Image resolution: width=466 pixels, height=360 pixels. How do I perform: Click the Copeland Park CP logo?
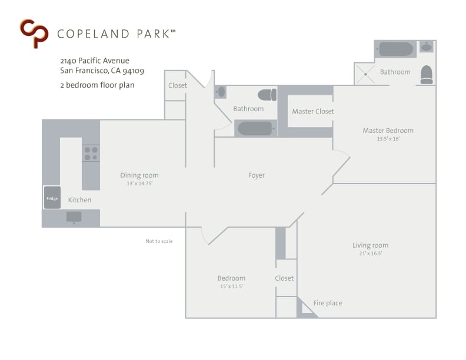tap(34, 33)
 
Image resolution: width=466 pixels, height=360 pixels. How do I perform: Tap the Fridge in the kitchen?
tap(52, 198)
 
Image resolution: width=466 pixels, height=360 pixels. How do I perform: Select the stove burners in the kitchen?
tap(91, 154)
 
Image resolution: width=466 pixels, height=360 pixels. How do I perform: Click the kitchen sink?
tap(74, 216)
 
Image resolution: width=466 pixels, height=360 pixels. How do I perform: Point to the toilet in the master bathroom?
tap(427, 74)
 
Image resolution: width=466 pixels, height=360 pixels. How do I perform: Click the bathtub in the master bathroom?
tap(396, 49)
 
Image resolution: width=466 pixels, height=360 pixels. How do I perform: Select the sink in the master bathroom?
tap(427, 47)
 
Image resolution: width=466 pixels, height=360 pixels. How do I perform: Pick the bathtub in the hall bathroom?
tap(255, 128)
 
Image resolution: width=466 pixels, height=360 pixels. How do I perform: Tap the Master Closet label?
tap(313, 111)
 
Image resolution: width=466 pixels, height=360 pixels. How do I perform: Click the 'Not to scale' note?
tap(159, 241)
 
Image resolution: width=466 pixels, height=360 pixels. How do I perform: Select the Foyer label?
tap(257, 175)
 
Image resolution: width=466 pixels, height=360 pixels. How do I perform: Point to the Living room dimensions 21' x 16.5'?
tap(370, 254)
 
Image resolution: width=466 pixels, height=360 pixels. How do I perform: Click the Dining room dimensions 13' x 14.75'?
tap(139, 184)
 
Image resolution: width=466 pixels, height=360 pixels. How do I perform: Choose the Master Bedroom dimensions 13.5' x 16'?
tap(388, 139)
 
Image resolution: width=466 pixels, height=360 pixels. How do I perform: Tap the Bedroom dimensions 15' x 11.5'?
tap(231, 286)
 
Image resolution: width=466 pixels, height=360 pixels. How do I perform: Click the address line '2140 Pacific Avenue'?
tap(95, 61)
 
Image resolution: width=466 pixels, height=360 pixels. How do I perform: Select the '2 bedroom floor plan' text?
tap(97, 85)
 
